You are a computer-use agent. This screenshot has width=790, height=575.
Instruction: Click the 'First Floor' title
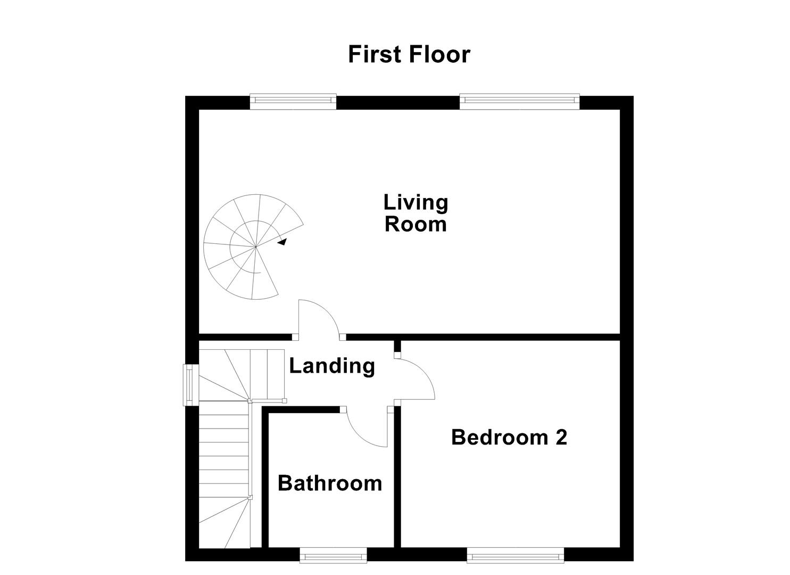point(409,54)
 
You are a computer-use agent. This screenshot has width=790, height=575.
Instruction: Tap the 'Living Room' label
point(415,213)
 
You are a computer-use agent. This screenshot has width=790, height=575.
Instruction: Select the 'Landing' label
point(332,366)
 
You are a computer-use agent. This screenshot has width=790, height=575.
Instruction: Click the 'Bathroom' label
point(330,483)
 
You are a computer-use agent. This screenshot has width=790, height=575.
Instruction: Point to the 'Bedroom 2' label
point(509,437)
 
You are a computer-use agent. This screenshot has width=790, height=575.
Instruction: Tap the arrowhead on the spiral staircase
point(282,242)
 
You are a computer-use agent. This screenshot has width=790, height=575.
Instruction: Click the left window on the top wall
point(293,101)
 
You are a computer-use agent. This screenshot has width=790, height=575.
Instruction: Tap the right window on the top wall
point(519,101)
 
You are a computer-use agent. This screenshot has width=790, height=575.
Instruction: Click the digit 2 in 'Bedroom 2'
point(561,437)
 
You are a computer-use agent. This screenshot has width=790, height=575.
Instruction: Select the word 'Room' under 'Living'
point(415,224)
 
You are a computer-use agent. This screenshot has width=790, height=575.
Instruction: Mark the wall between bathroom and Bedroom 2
point(397,479)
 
